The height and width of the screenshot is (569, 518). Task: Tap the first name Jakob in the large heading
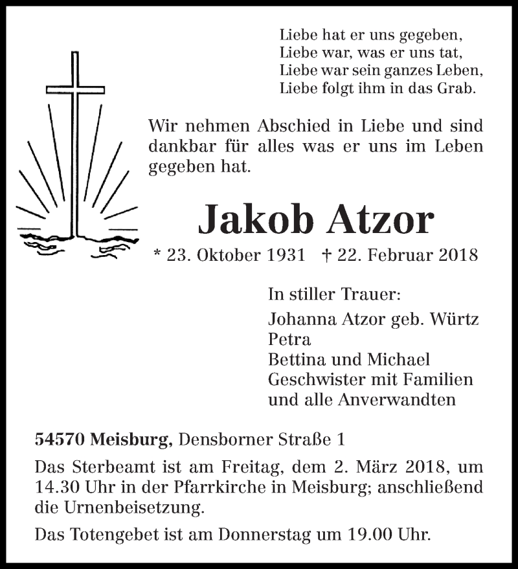[x=259, y=220]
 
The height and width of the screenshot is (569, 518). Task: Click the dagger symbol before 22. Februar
[x=326, y=255]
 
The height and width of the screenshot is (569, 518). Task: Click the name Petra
[x=289, y=339]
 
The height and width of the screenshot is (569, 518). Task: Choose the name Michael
[x=401, y=359]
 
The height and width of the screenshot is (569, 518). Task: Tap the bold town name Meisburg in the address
[x=132, y=441]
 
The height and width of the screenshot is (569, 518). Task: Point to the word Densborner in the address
[x=218, y=440]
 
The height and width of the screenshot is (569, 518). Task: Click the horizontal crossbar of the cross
[x=76, y=89]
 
